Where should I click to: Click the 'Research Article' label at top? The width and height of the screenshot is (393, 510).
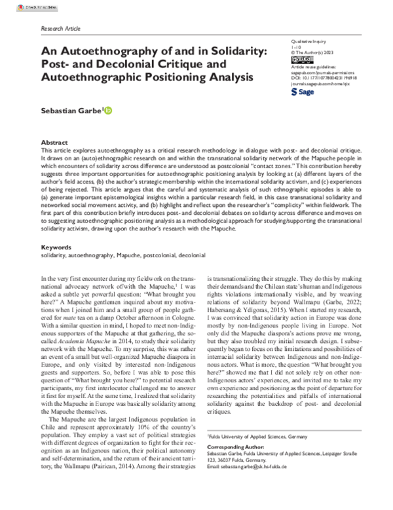[60, 30]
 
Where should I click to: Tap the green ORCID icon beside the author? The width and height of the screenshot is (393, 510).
[108, 111]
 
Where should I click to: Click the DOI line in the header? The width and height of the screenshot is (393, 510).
[320, 76]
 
